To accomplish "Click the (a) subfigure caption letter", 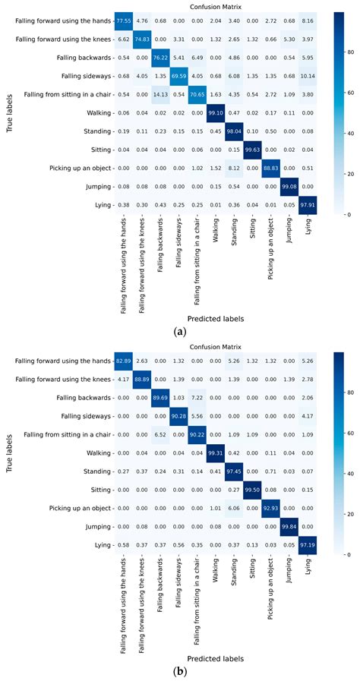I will [179, 333].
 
